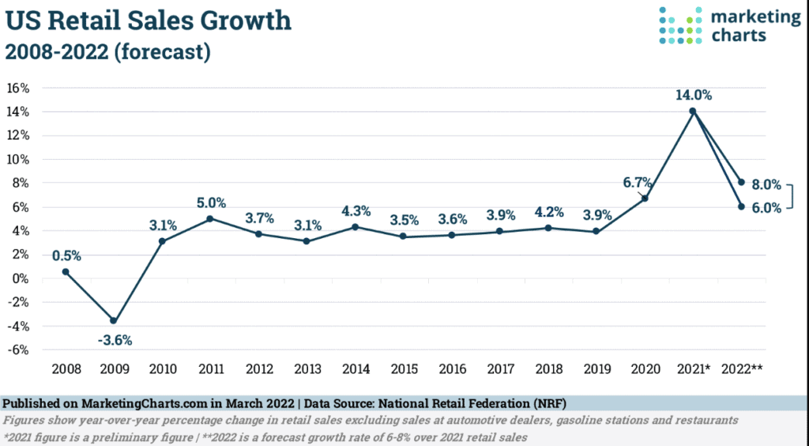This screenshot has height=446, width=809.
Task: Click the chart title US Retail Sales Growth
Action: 149,20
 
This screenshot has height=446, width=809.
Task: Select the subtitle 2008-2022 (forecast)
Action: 107,52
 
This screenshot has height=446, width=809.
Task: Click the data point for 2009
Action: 114,321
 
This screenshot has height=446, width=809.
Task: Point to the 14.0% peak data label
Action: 694,96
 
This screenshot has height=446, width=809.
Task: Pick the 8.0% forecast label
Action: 766,185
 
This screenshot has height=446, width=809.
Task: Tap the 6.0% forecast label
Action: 766,208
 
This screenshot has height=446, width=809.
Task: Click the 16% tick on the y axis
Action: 19,88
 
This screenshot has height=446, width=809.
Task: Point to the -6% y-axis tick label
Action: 19,350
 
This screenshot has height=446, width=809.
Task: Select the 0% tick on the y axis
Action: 22,278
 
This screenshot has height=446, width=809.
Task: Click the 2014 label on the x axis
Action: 356,369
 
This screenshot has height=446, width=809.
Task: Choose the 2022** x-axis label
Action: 743,369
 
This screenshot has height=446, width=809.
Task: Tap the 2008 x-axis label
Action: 66,369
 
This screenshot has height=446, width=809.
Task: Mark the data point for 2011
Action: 210,219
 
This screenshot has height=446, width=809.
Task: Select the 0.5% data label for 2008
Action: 67,255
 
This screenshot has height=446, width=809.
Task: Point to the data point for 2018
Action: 549,229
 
